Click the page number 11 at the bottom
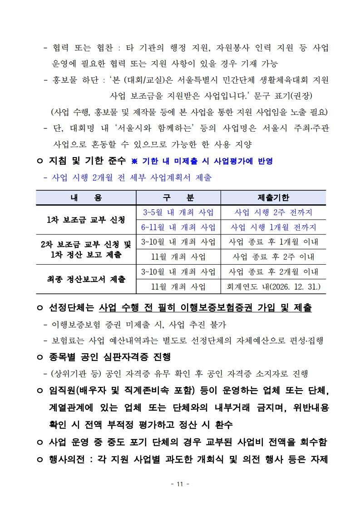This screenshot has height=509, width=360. click(180, 484)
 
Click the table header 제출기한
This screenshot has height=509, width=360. click(273, 198)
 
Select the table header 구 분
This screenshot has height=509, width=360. click(178, 198)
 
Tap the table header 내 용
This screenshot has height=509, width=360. click(86, 198)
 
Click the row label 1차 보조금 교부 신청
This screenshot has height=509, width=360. click(86, 220)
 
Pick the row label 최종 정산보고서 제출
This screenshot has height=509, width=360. click(86, 279)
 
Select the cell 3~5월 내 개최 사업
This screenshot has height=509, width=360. click(178, 212)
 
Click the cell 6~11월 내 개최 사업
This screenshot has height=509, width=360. click(178, 227)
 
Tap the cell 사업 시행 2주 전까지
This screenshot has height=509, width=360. click(273, 212)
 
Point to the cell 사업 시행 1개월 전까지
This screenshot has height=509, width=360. click(273, 227)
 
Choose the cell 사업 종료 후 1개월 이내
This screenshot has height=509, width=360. click(273, 242)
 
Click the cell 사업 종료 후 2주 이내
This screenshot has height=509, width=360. click(273, 257)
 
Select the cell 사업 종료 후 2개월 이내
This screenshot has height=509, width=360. click(273, 272)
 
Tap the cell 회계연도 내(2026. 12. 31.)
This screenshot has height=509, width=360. click(273, 287)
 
